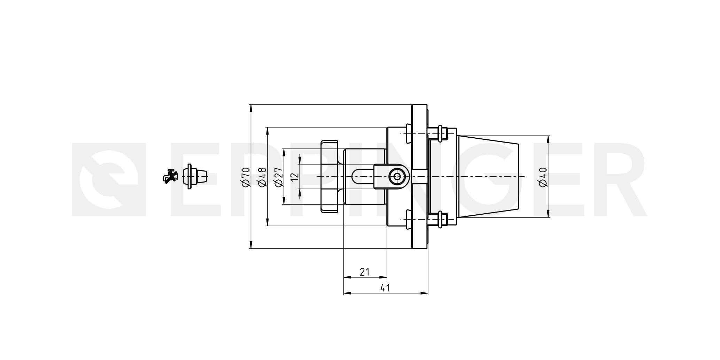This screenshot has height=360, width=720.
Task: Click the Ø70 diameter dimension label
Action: [246, 177]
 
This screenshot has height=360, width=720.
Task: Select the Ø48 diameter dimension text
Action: [262, 177]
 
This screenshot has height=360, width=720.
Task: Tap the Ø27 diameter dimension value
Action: [278, 177]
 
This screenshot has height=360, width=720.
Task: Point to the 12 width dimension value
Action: [295, 176]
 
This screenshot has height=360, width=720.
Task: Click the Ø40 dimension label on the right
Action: [543, 177]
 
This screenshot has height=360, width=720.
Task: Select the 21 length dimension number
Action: [364, 272]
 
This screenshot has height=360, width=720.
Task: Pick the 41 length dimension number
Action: [385, 288]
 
